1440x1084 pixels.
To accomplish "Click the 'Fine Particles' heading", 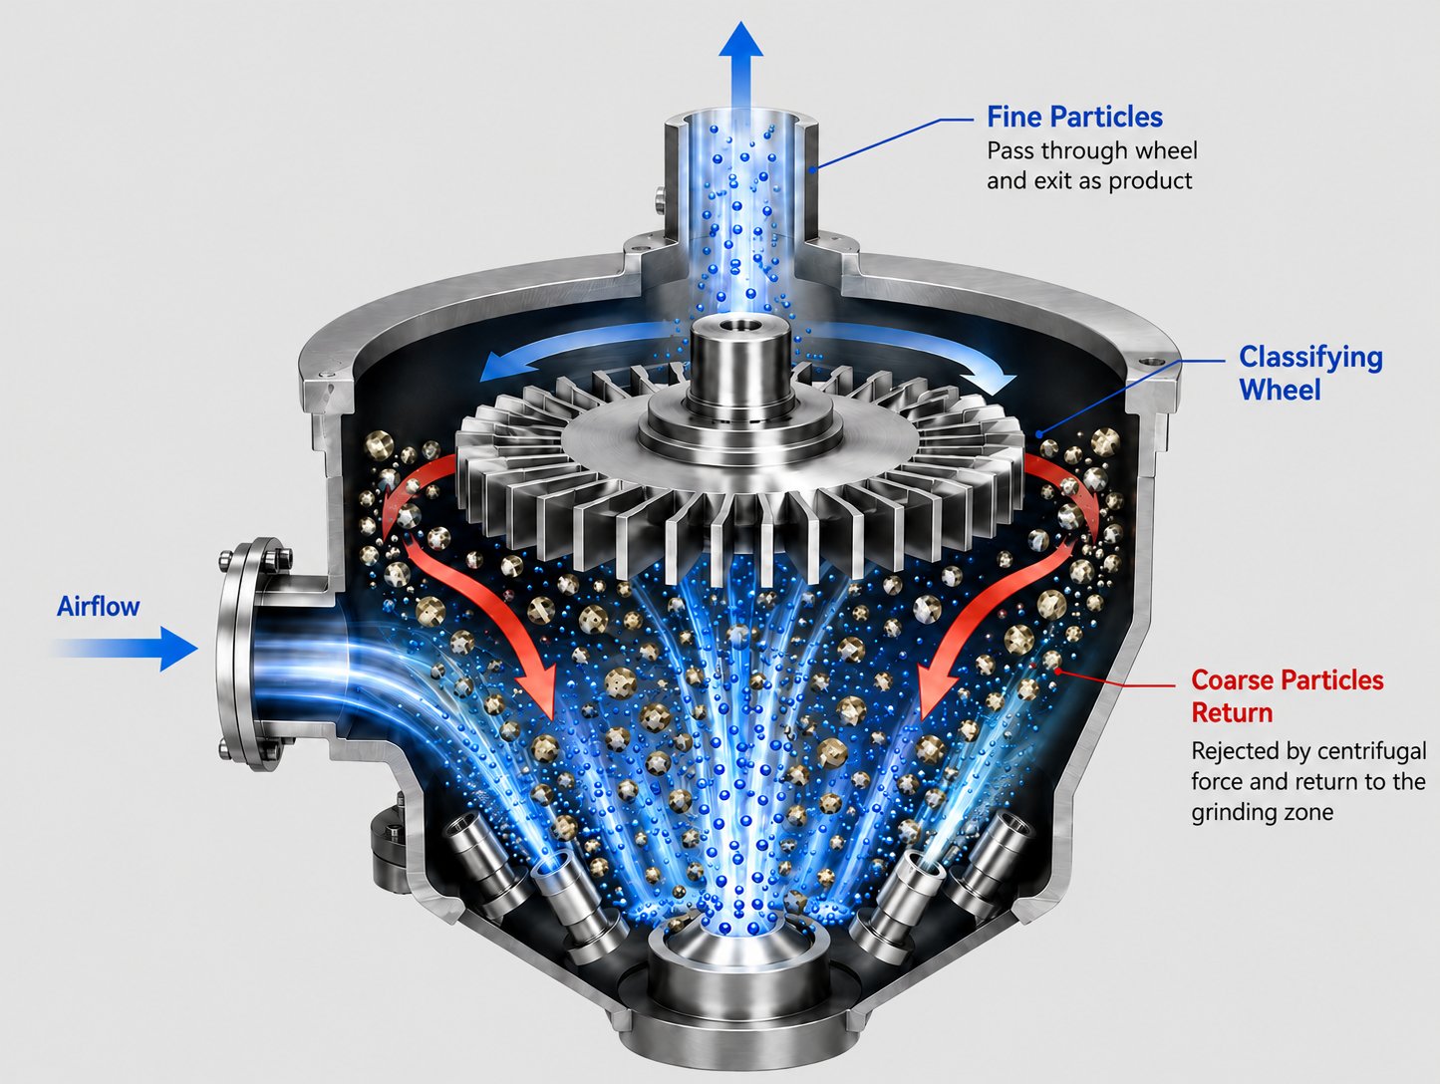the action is tap(1074, 118).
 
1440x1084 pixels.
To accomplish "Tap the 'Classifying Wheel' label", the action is tap(1310, 374).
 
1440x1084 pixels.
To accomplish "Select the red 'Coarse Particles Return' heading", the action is tap(1288, 696).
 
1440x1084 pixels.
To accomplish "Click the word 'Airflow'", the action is tap(98, 607).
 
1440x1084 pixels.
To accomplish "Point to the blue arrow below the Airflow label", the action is tap(125, 649).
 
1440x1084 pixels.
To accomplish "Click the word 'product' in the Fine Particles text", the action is tap(1150, 180).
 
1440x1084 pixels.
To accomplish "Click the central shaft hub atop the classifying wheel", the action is tap(740, 369).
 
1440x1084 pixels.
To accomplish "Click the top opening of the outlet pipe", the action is tap(741, 123).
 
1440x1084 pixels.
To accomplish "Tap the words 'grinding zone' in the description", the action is tap(1263, 813).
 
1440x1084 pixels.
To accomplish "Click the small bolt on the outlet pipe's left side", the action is tap(660, 199).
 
